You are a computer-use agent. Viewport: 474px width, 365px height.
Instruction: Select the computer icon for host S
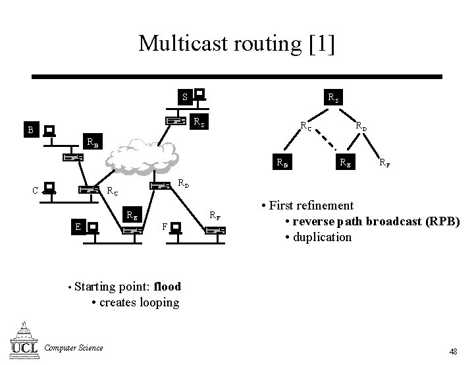[199, 96]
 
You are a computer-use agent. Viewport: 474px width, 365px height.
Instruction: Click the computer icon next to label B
[49, 132]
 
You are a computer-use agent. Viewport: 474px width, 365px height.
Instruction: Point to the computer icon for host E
[93, 227]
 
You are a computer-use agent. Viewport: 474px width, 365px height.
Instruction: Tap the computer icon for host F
[176, 228]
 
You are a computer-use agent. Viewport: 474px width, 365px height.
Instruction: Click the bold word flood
[167, 287]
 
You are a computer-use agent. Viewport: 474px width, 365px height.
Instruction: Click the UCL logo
[24, 339]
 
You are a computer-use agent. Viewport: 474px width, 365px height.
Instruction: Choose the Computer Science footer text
[73, 348]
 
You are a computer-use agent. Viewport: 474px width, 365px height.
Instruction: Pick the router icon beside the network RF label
[215, 230]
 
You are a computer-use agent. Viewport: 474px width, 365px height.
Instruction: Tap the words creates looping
[139, 302]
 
